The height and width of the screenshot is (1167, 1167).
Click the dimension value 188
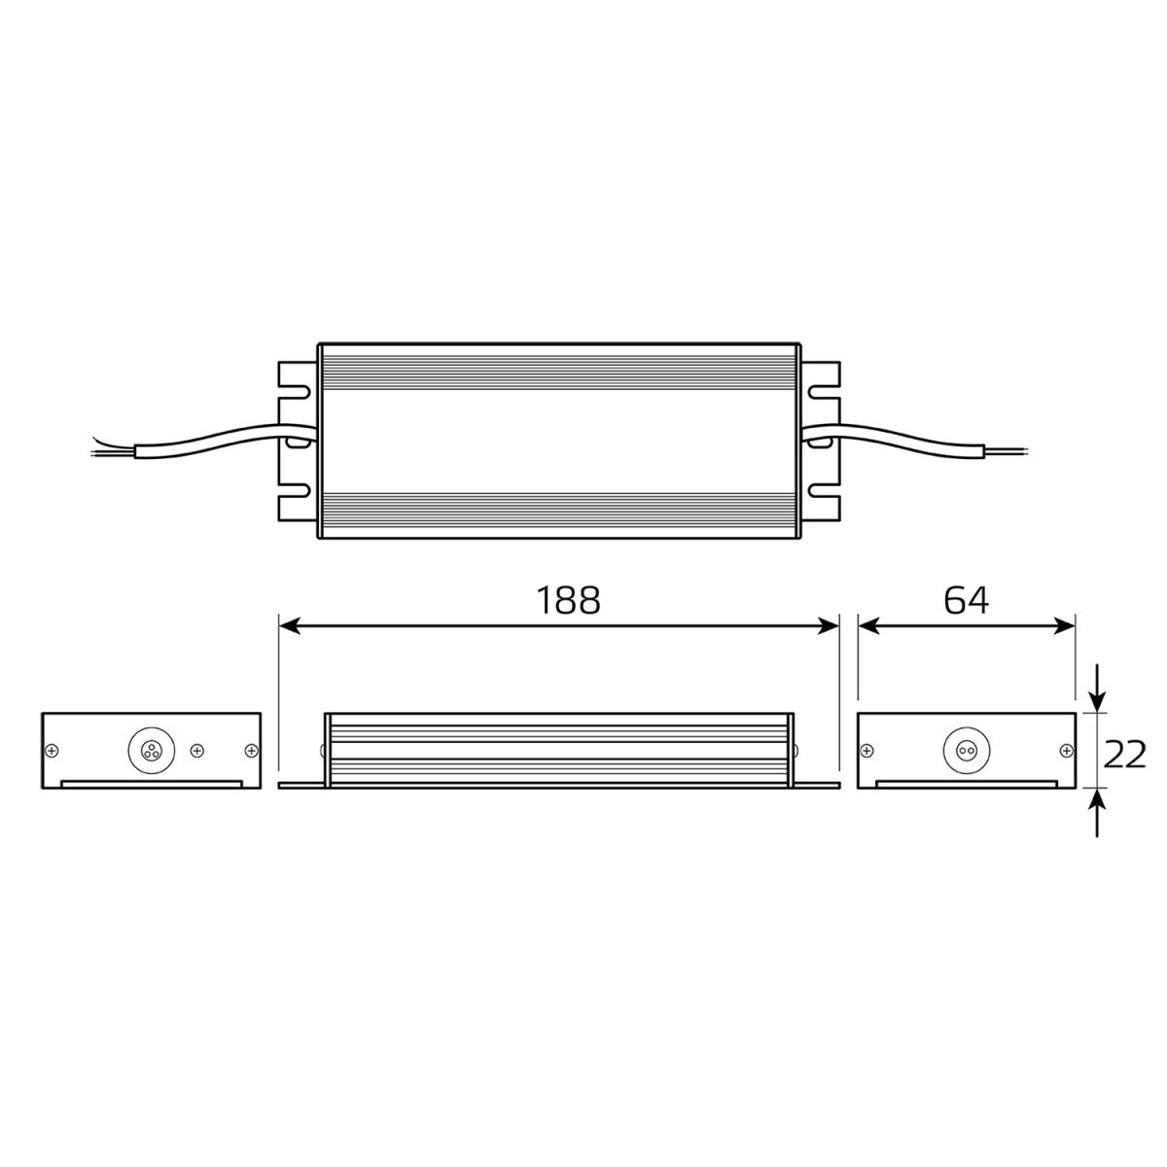point(570,601)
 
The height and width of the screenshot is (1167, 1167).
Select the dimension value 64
point(966,601)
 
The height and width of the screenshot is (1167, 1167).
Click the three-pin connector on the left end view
point(151,750)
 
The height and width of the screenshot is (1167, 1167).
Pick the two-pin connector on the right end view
point(966,750)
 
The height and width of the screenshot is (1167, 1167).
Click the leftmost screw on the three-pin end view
point(52,750)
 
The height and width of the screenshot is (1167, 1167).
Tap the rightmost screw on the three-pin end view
point(251,750)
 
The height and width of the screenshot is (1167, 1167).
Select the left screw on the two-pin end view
point(867,750)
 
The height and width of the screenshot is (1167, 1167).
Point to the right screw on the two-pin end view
point(1066,750)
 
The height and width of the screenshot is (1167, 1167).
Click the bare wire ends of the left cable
point(103,446)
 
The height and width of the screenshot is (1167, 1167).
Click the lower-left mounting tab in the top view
point(295,502)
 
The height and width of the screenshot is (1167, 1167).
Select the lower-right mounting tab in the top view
point(823,502)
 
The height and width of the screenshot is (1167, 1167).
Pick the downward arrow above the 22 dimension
point(1097,692)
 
